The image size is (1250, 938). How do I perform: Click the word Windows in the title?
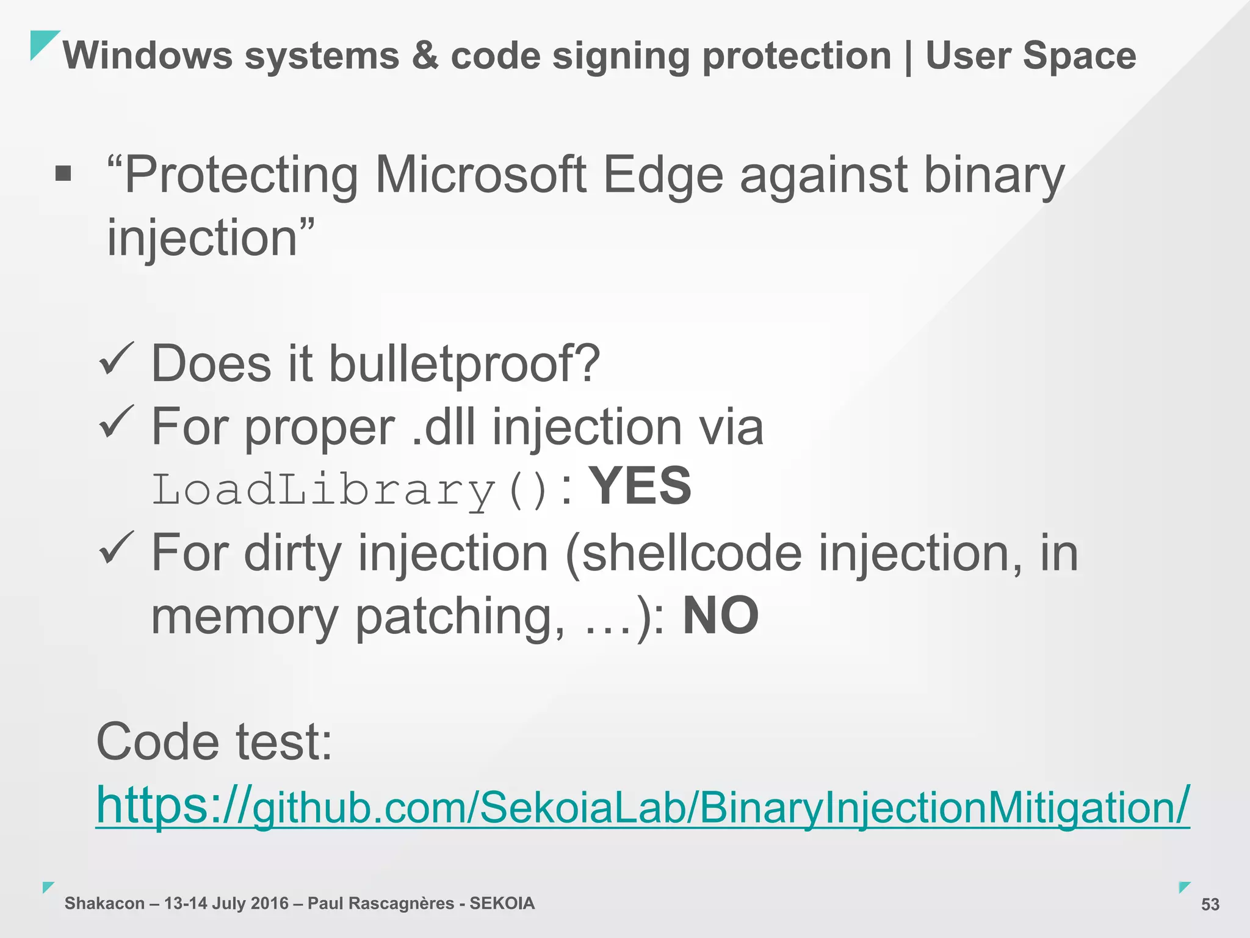tap(148, 56)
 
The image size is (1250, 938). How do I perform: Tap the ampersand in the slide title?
tap(425, 56)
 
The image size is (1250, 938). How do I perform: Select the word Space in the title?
tap(1079, 56)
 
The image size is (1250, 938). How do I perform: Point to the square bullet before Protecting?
tap(63, 175)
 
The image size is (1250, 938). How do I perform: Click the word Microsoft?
tap(481, 176)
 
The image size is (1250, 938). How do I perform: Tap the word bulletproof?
tap(464, 364)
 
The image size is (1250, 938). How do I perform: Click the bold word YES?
tap(642, 486)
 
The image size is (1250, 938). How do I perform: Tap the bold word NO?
tap(720, 616)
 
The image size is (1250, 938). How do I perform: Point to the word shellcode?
tap(691, 553)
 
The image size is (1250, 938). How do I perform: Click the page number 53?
tap(1210, 904)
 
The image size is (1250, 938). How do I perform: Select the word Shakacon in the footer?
tap(104, 903)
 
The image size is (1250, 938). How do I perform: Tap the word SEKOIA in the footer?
tap(502, 903)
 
